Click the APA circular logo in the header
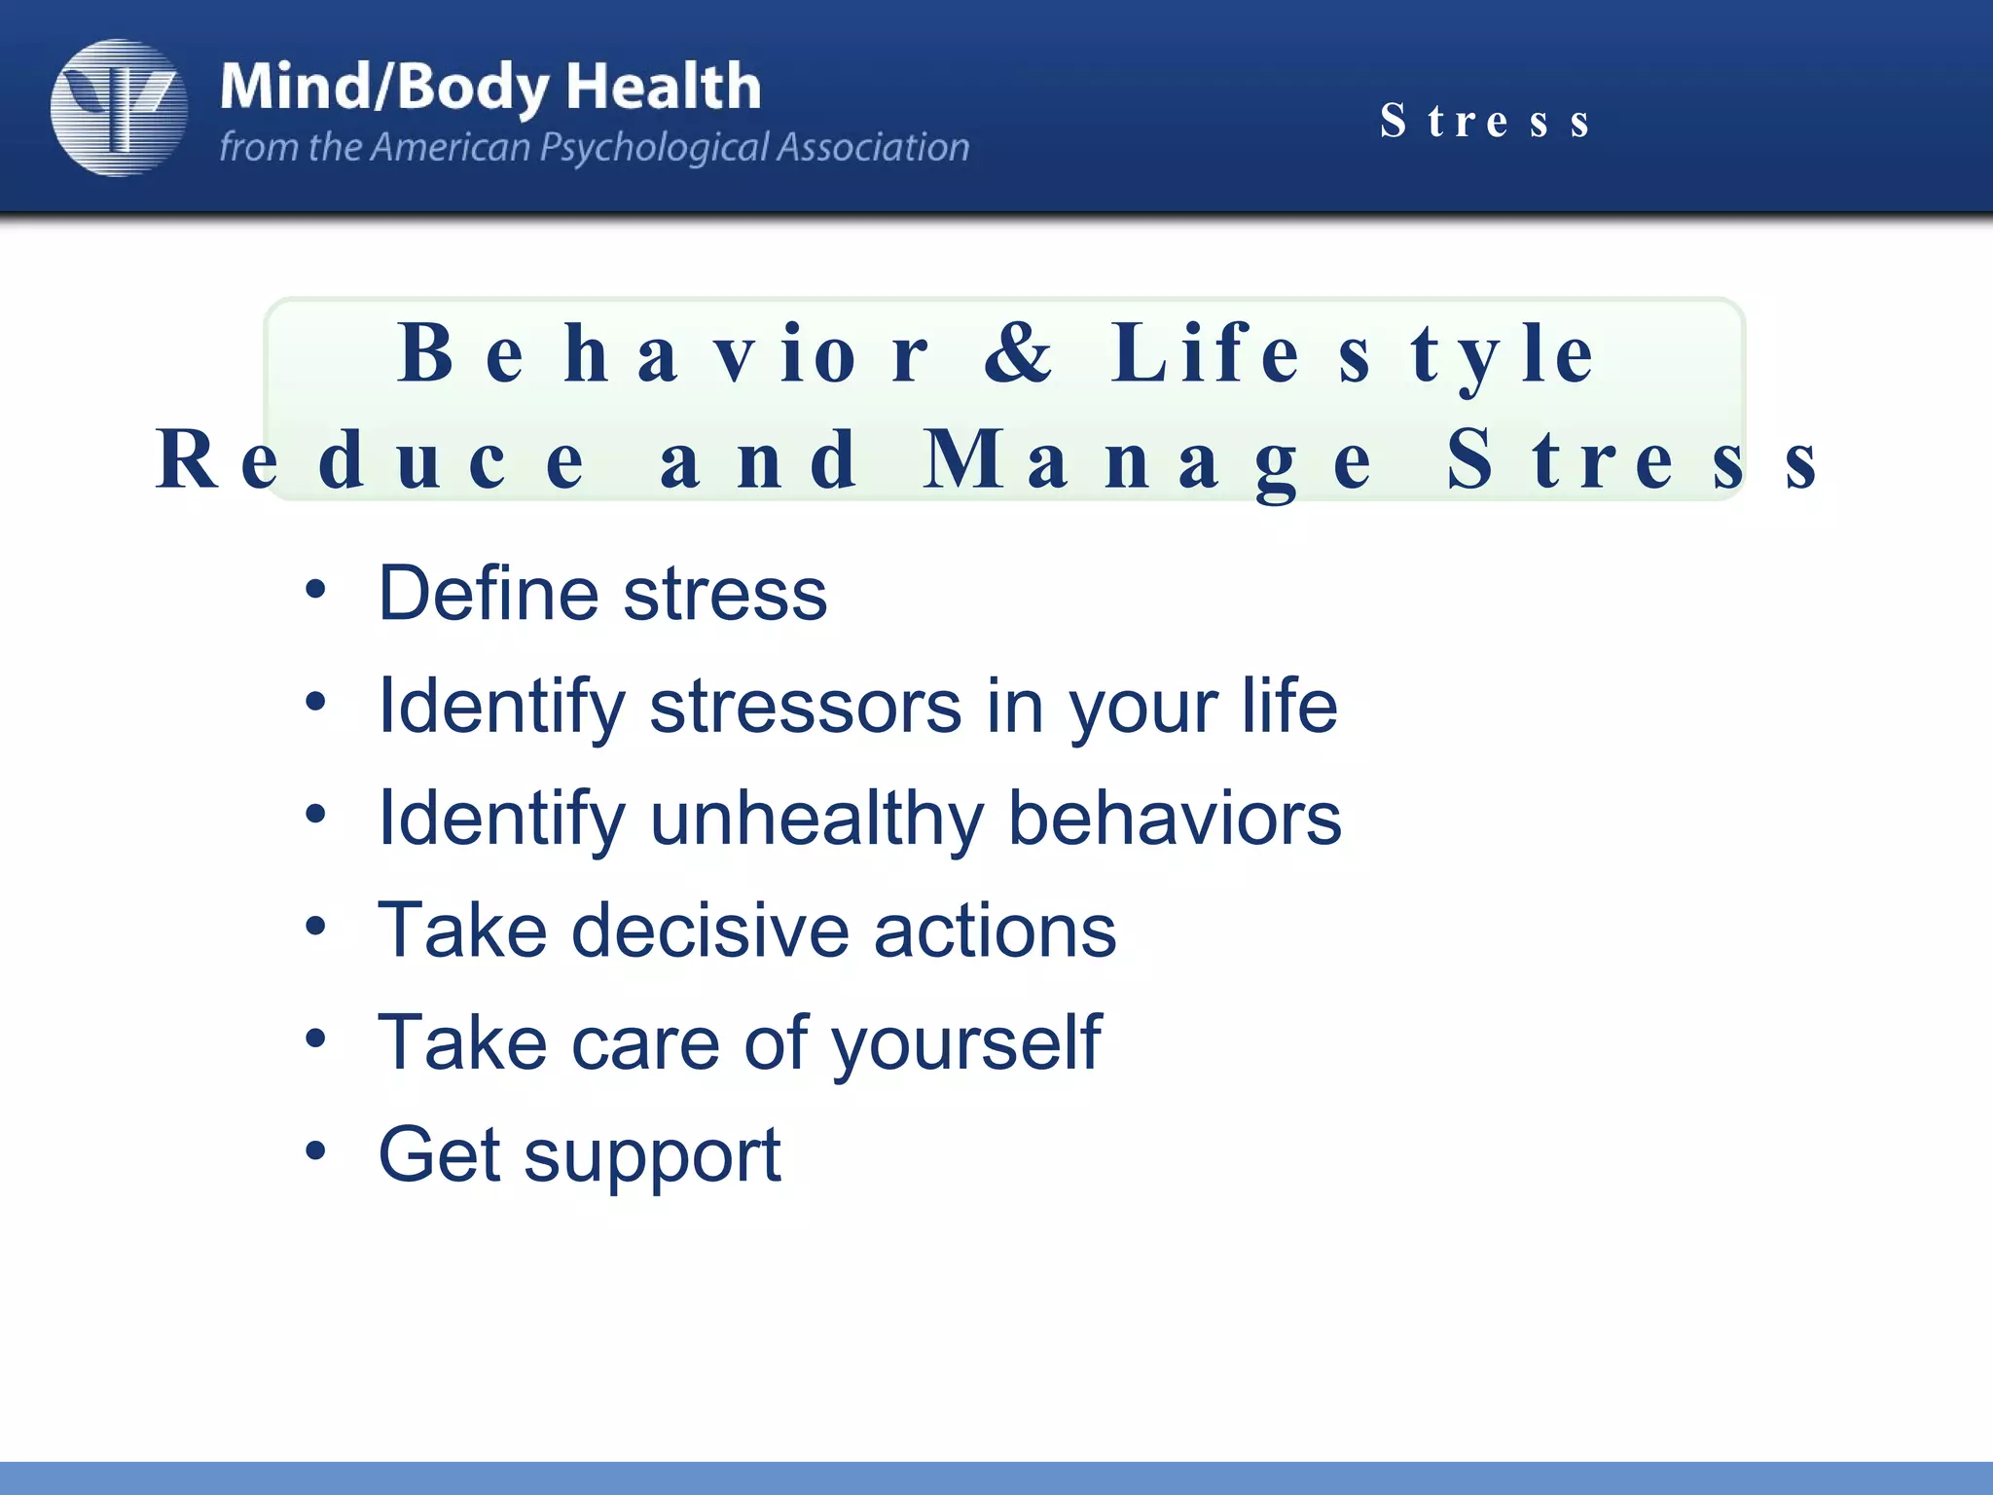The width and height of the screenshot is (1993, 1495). [119, 107]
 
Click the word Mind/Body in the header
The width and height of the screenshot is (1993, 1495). [384, 88]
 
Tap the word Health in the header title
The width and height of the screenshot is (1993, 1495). [663, 88]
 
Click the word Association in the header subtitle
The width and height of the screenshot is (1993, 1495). [872, 147]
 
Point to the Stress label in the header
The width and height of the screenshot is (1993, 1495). [1485, 122]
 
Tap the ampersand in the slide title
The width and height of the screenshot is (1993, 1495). [1018, 353]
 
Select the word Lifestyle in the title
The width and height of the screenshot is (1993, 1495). [1353, 353]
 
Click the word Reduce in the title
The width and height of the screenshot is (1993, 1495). [371, 460]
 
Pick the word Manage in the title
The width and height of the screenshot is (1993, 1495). [1148, 460]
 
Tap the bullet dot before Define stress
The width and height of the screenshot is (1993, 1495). [314, 589]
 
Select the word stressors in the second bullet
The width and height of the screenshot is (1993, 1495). [806, 706]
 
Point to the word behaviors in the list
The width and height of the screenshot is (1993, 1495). [1174, 818]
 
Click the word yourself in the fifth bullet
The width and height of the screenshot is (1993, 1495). [965, 1043]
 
